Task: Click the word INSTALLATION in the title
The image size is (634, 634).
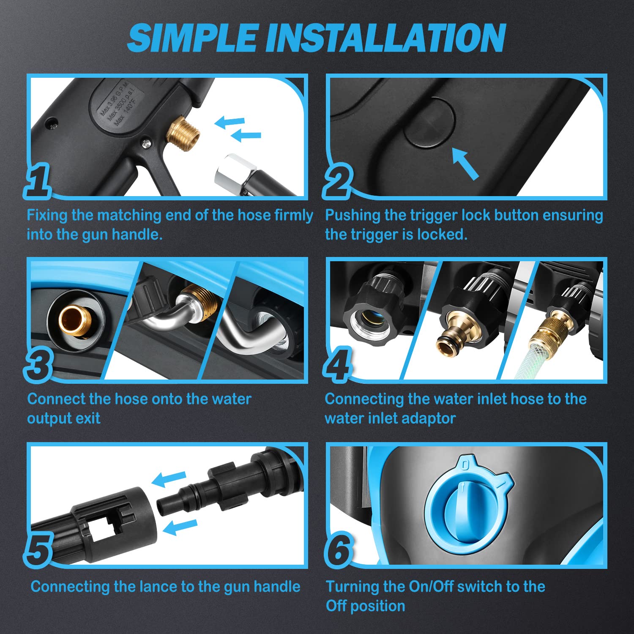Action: point(385,38)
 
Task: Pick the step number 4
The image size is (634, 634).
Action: point(337,364)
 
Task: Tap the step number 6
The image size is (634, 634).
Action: point(339,549)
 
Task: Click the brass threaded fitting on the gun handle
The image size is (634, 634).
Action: point(183,133)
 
